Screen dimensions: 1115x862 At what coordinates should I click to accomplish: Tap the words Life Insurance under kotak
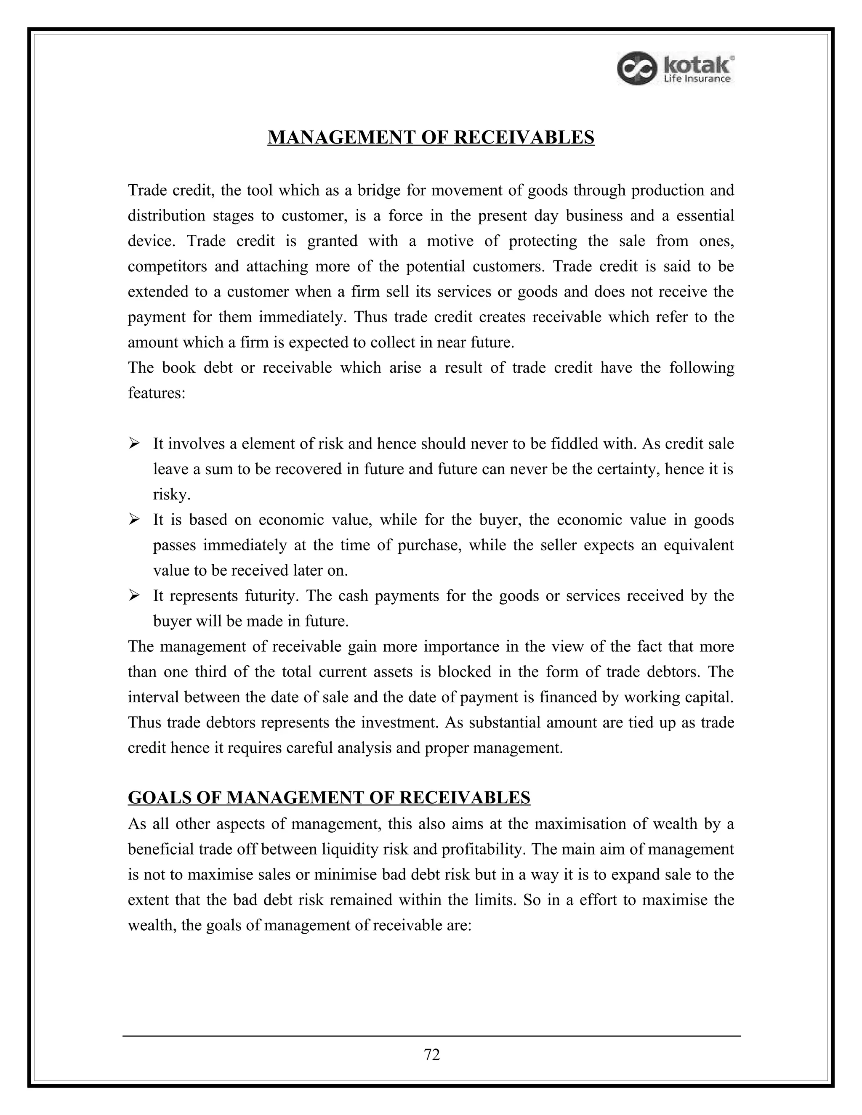click(697, 79)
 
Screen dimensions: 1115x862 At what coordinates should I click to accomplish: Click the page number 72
click(431, 1054)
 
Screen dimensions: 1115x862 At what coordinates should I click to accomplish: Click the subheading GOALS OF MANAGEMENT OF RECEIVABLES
click(329, 797)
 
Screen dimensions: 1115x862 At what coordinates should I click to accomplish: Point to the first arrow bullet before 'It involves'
click(134, 443)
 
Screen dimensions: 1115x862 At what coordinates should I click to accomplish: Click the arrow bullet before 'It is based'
click(134, 519)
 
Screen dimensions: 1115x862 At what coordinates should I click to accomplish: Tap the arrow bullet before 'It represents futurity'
click(134, 595)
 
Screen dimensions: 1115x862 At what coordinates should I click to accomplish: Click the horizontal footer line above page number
click(431, 1036)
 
